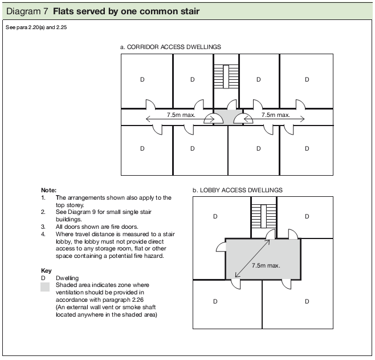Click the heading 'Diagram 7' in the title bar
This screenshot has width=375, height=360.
coord(26,11)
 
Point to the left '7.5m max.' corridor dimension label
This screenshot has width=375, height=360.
coord(181,115)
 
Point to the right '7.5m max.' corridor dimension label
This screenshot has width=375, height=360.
coord(275,115)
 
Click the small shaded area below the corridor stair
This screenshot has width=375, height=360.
coord(228,117)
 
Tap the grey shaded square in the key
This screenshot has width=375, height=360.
coord(45,288)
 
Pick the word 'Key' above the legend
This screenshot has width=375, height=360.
coord(46,270)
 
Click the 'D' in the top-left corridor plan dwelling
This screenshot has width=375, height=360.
coord(142,80)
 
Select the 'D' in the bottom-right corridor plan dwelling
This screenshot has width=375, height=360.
coord(307,149)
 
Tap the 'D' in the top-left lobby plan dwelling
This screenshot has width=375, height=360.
coord(215,217)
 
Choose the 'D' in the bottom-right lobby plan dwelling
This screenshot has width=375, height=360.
coord(307,301)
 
